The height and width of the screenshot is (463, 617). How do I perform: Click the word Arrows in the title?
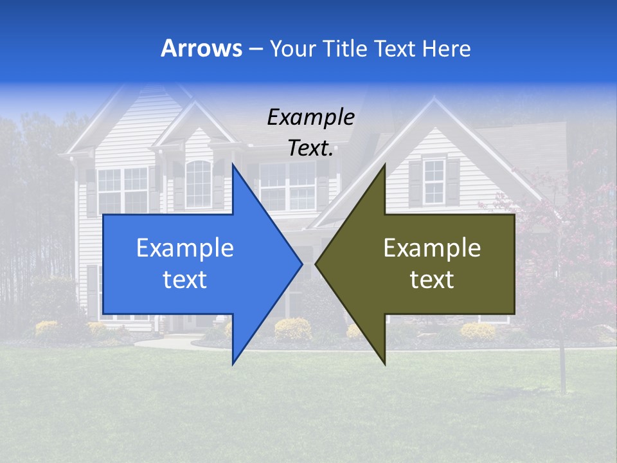tap(201, 49)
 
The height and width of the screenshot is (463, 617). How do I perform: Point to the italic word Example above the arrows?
tap(310, 118)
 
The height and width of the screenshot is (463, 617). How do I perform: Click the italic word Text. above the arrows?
tap(310, 149)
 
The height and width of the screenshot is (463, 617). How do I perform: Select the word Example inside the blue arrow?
tap(184, 248)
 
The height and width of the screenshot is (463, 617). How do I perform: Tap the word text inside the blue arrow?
tap(184, 280)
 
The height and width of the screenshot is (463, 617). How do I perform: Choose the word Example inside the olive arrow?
tap(432, 248)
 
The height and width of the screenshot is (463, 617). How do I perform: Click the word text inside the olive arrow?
tap(432, 280)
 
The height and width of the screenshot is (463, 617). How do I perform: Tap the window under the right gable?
tap(434, 181)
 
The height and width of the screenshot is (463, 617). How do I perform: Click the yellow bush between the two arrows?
tap(292, 329)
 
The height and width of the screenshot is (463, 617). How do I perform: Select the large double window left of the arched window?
tap(122, 190)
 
